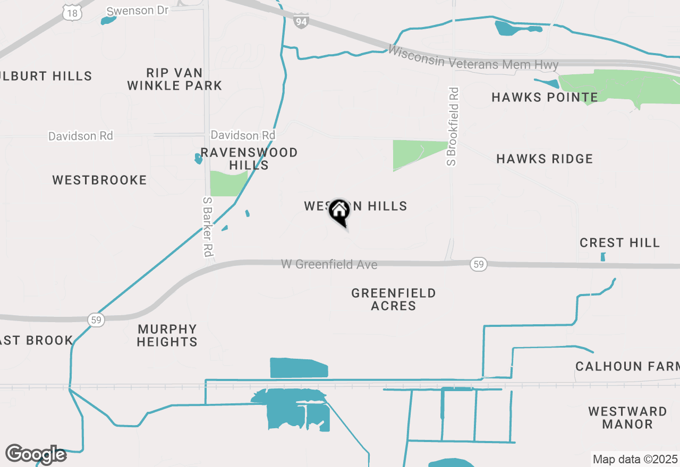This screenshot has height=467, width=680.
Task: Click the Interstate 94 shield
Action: [301, 22]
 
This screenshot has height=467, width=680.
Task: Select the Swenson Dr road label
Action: [138, 11]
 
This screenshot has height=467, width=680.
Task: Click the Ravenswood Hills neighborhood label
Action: [249, 159]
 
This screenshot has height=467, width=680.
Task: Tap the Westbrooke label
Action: [99, 180]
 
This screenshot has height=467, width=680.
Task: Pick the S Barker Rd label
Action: [208, 225]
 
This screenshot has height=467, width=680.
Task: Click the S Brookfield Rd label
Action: [452, 126]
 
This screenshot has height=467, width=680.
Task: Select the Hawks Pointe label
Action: [545, 97]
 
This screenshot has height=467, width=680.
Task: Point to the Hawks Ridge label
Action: [545, 159]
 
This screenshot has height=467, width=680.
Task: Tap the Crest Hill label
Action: [619, 243]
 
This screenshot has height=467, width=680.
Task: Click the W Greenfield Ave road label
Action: [329, 264]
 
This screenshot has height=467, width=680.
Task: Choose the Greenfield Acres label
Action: [394, 299]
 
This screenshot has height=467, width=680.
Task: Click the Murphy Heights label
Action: [167, 335]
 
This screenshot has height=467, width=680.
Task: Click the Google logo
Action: [36, 454]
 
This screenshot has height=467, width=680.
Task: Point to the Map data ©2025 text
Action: [635, 459]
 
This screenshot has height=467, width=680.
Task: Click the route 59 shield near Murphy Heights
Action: [96, 319]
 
